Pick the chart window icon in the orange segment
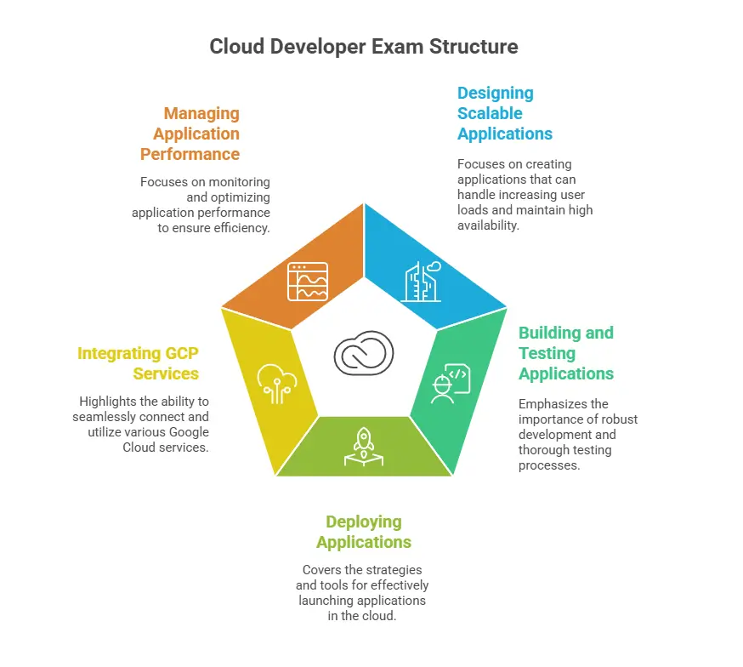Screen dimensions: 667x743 coord(308,282)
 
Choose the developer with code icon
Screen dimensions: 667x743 coord(450,384)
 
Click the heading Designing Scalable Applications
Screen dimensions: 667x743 coord(504,113)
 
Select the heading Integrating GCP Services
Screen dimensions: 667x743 coord(139,363)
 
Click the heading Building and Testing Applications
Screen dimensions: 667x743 coord(565,353)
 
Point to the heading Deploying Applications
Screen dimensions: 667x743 coord(364,532)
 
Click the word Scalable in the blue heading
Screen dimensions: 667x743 coord(490,113)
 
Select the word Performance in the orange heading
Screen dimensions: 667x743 coord(190,154)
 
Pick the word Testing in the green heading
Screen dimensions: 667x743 coord(547,353)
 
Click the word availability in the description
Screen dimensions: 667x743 coord(491,225)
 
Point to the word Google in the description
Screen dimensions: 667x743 coord(190,431)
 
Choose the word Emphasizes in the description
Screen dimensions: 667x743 coord(553,404)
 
